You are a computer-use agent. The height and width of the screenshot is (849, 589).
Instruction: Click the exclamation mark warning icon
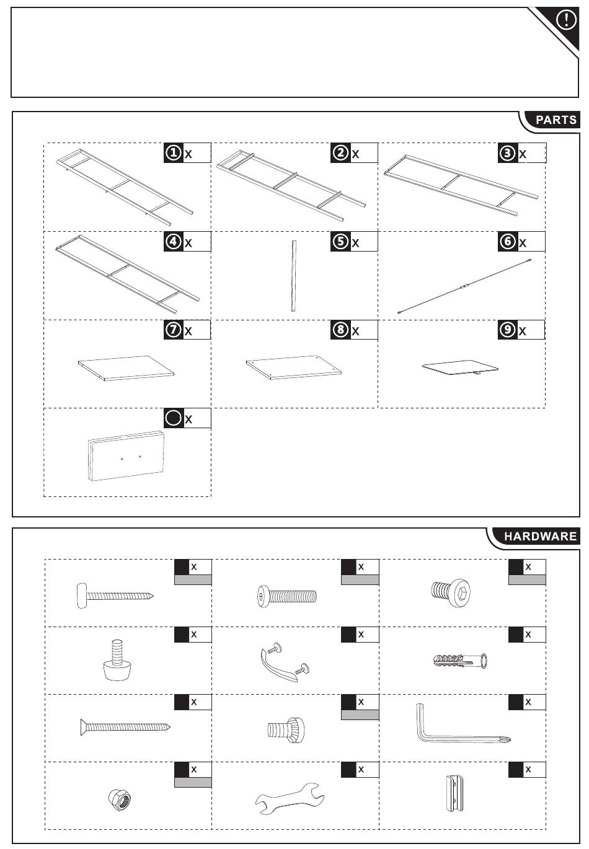coord(566,20)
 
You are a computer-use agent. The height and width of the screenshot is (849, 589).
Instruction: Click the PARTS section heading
coord(556,120)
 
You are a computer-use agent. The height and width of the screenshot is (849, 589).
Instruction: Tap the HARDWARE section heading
coord(540,536)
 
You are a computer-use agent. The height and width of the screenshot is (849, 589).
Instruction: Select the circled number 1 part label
coord(174,152)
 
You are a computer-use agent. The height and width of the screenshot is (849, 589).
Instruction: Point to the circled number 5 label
coord(340,241)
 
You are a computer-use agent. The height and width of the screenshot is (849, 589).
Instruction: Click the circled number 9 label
coord(507,330)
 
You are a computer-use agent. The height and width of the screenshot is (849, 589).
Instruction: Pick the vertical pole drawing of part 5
coord(293,276)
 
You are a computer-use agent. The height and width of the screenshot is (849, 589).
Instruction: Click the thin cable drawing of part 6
coord(464,286)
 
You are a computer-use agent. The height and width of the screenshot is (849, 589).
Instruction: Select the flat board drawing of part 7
coord(126,367)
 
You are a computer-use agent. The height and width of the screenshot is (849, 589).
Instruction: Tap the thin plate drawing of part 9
coord(460,367)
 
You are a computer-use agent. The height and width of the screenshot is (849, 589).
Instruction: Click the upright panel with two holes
coord(126,456)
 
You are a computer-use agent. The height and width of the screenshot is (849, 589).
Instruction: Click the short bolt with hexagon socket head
coord(451,592)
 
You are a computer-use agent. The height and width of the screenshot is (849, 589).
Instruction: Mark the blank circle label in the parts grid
coord(174,418)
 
